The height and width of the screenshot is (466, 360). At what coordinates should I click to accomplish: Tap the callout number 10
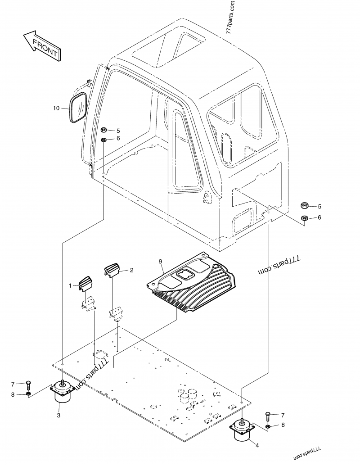click(56, 108)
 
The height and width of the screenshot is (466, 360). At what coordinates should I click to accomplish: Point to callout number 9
click(160, 261)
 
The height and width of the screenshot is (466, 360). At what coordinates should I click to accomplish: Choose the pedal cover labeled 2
click(111, 270)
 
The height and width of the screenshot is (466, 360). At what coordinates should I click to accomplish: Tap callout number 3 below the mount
click(58, 415)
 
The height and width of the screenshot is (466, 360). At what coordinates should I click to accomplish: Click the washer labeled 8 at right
click(269, 425)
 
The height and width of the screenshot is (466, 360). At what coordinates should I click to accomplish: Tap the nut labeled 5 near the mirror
click(103, 130)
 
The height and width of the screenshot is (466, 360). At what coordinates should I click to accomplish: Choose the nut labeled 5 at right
click(305, 206)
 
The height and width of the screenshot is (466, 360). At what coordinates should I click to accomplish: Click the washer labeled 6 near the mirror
click(103, 140)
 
